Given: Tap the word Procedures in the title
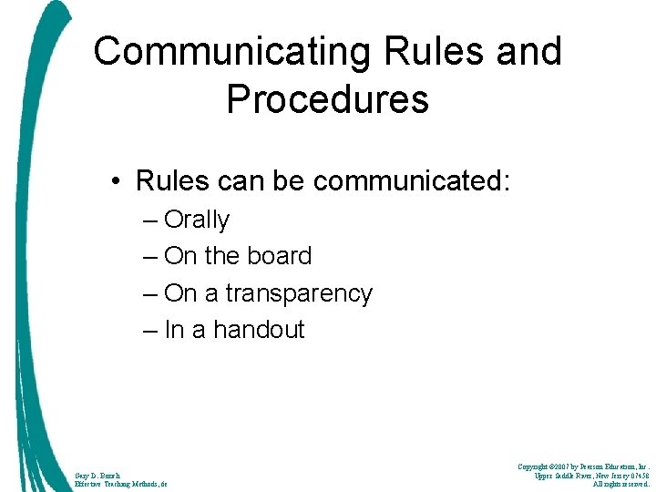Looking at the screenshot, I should (x=327, y=99).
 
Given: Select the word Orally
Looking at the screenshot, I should (x=197, y=220).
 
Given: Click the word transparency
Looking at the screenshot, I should (x=299, y=294).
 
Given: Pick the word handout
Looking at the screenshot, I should (x=259, y=330).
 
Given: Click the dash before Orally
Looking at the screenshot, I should (x=149, y=220).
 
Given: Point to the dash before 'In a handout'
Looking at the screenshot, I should (x=149, y=330).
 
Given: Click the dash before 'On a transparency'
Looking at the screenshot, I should (x=149, y=293).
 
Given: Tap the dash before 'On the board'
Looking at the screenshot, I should (x=149, y=257).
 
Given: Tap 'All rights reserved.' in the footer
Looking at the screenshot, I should (x=620, y=484).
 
